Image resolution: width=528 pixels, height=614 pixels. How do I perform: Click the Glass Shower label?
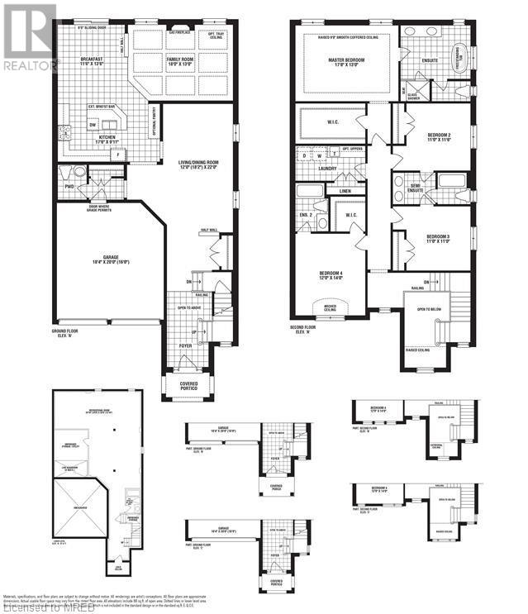click(x=413, y=96)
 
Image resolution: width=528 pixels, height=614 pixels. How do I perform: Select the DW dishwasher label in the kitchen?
click(x=93, y=125)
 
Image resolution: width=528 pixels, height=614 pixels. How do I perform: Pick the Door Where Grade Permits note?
click(x=94, y=208)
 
